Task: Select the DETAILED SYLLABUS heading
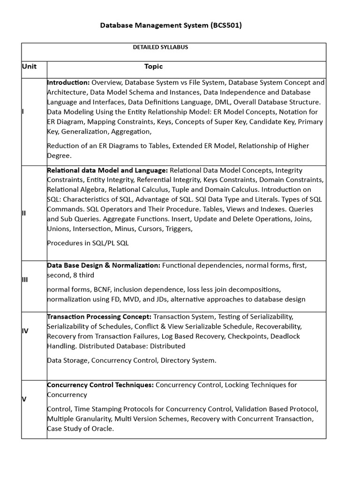[x=161, y=47]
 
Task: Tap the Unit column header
[x=29, y=67]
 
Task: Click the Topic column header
[x=153, y=67]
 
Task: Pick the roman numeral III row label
[x=25, y=280]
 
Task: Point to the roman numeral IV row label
[x=25, y=331]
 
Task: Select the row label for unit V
[x=24, y=399]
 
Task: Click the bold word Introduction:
[x=68, y=82]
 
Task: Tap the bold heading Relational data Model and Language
[x=107, y=170]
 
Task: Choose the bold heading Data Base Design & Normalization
[x=104, y=265]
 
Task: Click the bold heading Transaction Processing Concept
[x=99, y=316]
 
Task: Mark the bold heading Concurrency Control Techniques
[x=100, y=385]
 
